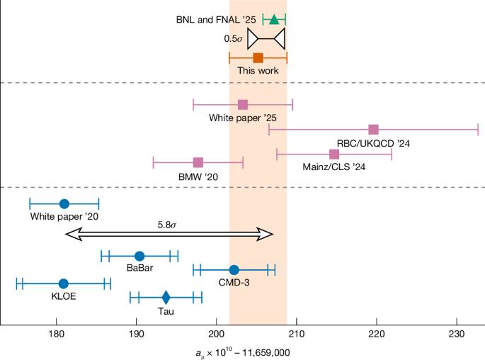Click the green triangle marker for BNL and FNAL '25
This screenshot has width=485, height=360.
(x=274, y=19)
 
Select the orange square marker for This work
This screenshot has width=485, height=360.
(x=258, y=58)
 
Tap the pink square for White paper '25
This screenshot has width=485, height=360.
(x=243, y=105)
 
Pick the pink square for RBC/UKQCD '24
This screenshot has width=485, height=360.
(x=374, y=129)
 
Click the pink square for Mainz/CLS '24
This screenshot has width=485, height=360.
(x=334, y=154)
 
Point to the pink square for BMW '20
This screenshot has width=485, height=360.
(x=198, y=162)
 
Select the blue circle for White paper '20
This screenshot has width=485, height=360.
(x=64, y=204)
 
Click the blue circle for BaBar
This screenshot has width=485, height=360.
(x=139, y=256)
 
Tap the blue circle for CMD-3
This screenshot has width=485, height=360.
(x=234, y=269)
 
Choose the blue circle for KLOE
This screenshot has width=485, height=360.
(x=64, y=283)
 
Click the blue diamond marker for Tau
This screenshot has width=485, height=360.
(x=166, y=298)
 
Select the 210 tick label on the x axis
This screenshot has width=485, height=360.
(x=296, y=334)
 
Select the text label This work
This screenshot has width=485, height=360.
(x=258, y=71)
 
